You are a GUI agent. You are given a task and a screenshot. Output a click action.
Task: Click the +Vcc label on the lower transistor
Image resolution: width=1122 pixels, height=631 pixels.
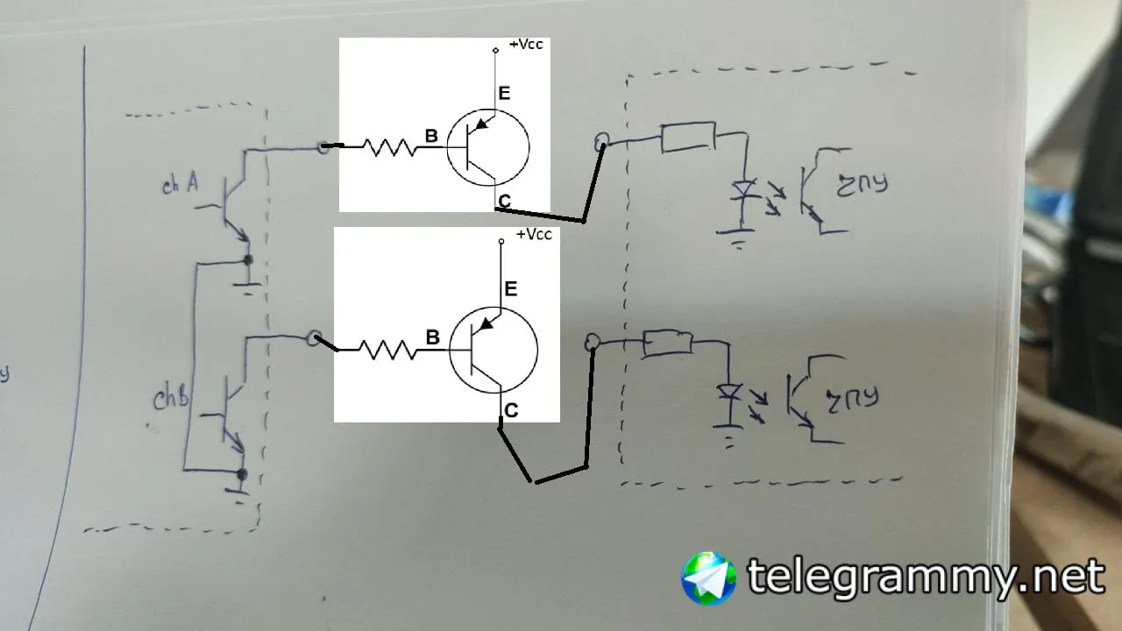pos(534,235)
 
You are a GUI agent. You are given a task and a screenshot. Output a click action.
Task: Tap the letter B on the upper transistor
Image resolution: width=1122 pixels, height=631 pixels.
pos(431,136)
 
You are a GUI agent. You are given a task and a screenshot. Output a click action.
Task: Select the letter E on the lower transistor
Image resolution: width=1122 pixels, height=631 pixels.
pos(511,288)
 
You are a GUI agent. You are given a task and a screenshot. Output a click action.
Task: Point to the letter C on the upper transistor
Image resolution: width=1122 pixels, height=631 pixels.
pos(504,202)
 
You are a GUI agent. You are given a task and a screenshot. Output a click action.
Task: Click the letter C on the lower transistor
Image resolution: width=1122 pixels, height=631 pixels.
pos(511,410)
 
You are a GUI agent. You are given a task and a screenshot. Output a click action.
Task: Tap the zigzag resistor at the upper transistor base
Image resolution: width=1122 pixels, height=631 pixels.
pos(390,148)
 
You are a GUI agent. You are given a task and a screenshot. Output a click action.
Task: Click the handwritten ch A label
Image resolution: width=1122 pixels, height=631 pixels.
pos(180,185)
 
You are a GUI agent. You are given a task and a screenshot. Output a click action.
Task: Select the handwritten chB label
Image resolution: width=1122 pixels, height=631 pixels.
pos(171,400)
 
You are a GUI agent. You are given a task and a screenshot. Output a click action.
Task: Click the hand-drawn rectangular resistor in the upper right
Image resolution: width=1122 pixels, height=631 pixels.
pos(688,138)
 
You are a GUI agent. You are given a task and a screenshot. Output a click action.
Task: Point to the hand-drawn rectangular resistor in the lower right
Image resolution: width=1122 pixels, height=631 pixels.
pos(668,343)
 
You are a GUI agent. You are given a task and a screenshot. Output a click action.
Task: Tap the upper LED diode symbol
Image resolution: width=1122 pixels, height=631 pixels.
pos(745,190)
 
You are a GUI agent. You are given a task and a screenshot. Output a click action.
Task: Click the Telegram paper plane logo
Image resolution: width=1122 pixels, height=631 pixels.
pos(709,578)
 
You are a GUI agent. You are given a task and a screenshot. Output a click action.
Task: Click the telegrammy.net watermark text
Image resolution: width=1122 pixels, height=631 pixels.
pos(925,578)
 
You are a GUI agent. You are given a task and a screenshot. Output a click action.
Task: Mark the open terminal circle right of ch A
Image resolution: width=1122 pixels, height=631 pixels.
pos(324,146)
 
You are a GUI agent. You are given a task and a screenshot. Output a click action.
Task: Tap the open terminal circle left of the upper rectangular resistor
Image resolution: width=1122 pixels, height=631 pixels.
pos(601,141)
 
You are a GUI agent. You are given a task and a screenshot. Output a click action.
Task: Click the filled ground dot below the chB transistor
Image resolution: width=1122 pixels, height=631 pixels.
pos(243,474)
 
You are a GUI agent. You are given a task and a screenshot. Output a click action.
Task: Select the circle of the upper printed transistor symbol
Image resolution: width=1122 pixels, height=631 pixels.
pos(487,147)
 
